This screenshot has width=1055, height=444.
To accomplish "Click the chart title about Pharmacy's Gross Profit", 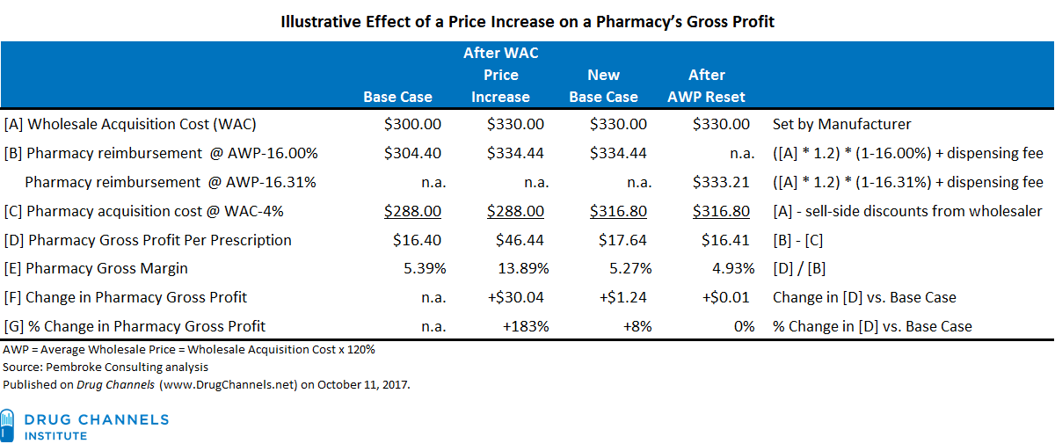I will (x=527, y=21).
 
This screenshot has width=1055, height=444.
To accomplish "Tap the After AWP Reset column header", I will (x=706, y=85).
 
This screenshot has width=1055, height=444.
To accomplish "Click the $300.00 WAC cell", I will (x=412, y=125).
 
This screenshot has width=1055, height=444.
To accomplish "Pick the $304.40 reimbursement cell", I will (x=412, y=153).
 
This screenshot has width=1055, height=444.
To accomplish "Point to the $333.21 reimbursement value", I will (x=721, y=182).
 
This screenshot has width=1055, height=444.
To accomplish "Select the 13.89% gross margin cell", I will (x=518, y=268).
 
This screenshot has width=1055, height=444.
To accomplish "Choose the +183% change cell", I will (x=526, y=326).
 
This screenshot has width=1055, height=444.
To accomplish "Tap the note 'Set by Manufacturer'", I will (x=841, y=125).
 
